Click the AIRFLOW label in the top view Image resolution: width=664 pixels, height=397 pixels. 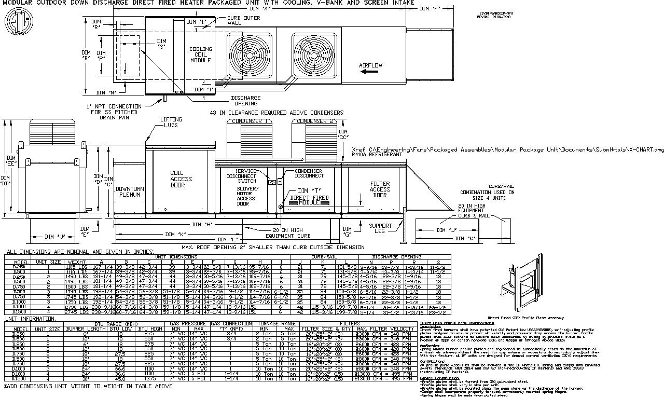click(370, 65)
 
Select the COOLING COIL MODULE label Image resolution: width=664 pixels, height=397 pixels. click(200, 54)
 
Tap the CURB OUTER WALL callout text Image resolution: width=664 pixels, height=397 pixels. click(243, 20)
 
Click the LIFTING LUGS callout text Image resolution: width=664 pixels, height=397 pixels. click(171, 122)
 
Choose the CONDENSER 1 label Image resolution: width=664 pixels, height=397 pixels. click(251, 121)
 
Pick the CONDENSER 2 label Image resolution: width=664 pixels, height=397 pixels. click(314, 121)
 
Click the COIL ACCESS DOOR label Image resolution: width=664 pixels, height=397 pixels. click(181, 179)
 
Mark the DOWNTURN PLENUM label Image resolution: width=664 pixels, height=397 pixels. click(130, 191)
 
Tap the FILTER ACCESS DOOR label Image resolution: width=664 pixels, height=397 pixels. click(380, 189)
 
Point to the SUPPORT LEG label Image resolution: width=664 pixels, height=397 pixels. click(380, 228)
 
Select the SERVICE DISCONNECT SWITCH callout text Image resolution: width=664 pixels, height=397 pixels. click(245, 176)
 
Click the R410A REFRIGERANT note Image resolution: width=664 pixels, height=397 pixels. click(376, 155)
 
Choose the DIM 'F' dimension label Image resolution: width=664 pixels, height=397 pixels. click(431, 8)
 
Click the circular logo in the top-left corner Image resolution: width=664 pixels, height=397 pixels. click(16, 22)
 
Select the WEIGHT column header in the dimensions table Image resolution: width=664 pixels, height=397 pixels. click(77, 262)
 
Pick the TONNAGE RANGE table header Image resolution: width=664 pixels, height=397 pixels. click(276, 323)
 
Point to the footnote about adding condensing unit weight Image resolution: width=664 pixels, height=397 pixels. click(88, 387)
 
